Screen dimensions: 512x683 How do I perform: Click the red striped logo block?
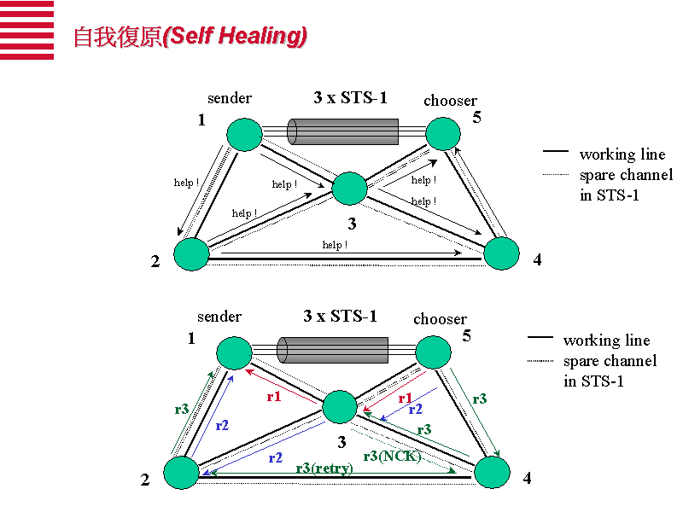pyautogui.click(x=26, y=30)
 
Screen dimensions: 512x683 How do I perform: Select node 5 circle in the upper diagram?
pyautogui.click(x=443, y=134)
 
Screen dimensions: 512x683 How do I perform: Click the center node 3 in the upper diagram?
pyautogui.click(x=349, y=188)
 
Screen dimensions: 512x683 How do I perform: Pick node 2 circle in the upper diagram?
pyautogui.click(x=191, y=254)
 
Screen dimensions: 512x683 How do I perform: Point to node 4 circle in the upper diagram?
pyautogui.click(x=501, y=253)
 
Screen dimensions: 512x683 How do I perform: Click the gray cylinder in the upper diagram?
pyautogui.click(x=342, y=131)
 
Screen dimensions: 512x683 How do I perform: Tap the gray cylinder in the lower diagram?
pyautogui.click(x=333, y=350)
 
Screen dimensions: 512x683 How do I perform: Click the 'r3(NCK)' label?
pyautogui.click(x=392, y=456)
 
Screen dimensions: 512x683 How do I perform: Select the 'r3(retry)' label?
pyautogui.click(x=324, y=468)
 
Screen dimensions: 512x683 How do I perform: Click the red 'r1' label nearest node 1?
pyautogui.click(x=273, y=396)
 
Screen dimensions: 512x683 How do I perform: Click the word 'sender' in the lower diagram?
pyautogui.click(x=219, y=317)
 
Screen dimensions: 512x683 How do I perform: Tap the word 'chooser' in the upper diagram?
pyautogui.click(x=450, y=101)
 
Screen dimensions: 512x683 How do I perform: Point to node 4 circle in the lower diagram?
pyautogui.click(x=492, y=472)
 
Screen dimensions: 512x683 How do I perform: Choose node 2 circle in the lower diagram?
pyautogui.click(x=181, y=473)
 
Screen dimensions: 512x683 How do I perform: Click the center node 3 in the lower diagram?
pyautogui.click(x=339, y=406)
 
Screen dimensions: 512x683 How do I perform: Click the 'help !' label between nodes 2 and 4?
pyautogui.click(x=335, y=245)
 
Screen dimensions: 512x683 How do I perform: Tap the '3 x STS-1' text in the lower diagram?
pyautogui.click(x=340, y=317)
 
